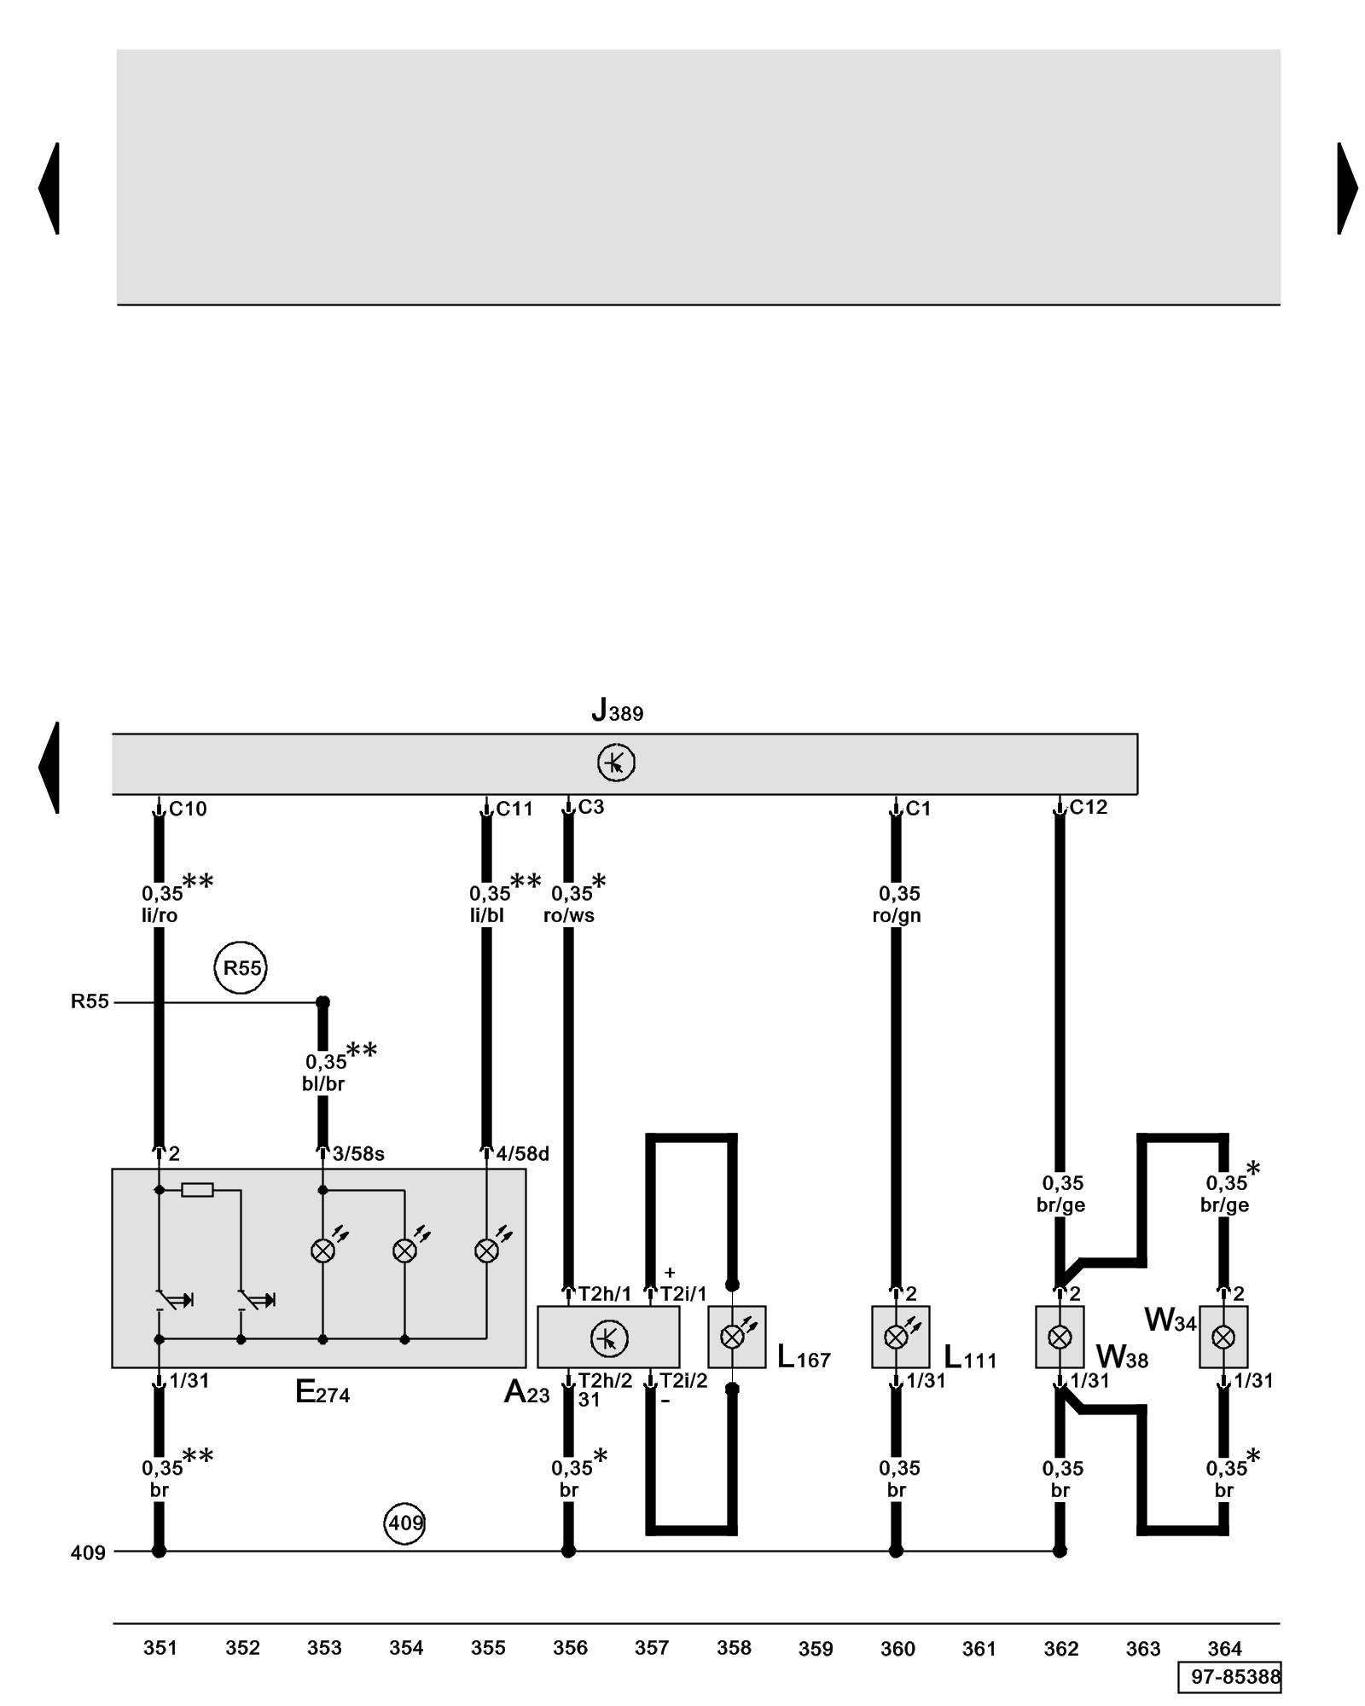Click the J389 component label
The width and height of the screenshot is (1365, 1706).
click(x=617, y=710)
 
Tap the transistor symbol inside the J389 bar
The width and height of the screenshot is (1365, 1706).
click(x=616, y=763)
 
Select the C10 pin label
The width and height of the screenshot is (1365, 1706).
click(x=188, y=809)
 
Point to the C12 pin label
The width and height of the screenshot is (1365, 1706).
click(x=1088, y=807)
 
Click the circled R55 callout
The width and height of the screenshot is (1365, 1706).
click(x=241, y=967)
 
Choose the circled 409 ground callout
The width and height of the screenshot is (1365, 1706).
click(x=405, y=1523)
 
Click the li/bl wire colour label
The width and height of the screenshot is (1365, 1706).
click(x=487, y=915)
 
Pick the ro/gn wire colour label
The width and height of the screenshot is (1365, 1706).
click(x=897, y=915)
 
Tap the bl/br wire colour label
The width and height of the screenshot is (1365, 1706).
click(x=323, y=1083)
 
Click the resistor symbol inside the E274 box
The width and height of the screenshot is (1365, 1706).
click(x=197, y=1189)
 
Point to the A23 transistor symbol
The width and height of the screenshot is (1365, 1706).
click(x=609, y=1338)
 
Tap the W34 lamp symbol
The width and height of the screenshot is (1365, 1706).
click(x=1223, y=1337)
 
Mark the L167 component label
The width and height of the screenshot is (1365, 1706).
click(x=804, y=1357)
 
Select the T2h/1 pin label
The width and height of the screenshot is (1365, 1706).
click(x=605, y=1294)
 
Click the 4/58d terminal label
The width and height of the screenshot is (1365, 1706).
click(x=522, y=1154)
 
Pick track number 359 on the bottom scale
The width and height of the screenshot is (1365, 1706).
click(x=816, y=1649)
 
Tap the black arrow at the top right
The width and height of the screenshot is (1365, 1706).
click(x=1346, y=188)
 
